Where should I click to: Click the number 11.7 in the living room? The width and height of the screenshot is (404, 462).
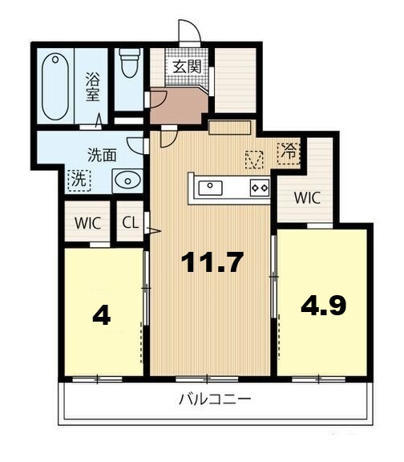212,263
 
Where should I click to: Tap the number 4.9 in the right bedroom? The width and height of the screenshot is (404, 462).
323,305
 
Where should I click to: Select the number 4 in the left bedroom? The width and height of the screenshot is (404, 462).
101,315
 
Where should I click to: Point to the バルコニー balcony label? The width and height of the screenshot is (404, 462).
214,399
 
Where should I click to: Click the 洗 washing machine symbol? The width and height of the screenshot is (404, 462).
79,179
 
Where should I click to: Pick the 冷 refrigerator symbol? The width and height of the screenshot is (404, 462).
287,150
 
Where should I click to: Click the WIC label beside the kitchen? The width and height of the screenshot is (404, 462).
306,197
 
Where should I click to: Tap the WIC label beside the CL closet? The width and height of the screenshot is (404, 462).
87,224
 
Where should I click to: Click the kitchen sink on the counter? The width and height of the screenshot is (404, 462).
210,188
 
